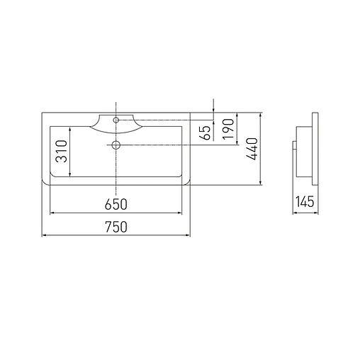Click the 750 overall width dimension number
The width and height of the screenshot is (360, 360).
point(116,227)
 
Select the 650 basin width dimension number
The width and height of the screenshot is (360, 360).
point(116,205)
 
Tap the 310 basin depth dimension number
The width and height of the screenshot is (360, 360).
point(62,151)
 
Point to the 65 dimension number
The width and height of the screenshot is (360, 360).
point(206,132)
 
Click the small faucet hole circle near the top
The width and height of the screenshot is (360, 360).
point(116,120)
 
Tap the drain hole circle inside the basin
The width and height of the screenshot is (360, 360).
point(116,145)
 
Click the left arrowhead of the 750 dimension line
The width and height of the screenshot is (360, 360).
point(45,235)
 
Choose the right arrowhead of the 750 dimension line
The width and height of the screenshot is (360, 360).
point(189,235)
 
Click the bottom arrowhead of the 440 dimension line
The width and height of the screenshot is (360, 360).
point(261,183)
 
